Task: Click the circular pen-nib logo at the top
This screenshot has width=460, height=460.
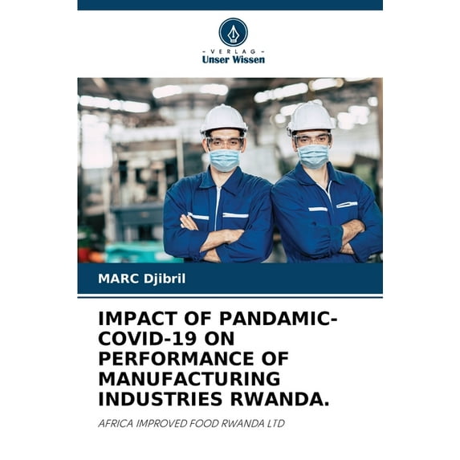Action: [x=233, y=32]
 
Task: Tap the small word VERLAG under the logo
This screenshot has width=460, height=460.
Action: [x=233, y=51]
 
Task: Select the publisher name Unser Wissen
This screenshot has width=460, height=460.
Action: [x=233, y=59]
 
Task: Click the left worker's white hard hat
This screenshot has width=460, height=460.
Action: [x=224, y=119]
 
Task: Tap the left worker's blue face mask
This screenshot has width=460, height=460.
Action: [x=226, y=159]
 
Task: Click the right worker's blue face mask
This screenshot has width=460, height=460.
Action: [x=313, y=155]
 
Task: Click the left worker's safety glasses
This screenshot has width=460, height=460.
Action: [x=225, y=143]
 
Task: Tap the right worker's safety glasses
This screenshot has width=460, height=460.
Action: [x=312, y=140]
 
